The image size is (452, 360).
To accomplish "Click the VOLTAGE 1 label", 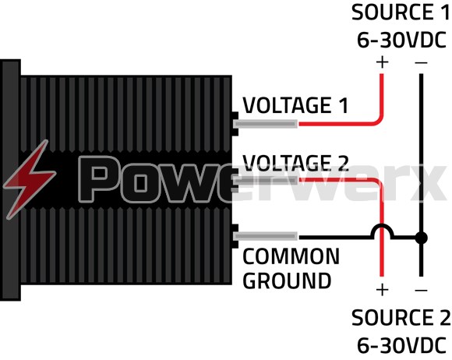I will tap(295, 105).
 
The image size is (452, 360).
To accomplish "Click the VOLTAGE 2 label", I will tap(295, 163).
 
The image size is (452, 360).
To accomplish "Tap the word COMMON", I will tap(291, 257).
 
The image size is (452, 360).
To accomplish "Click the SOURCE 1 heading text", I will tap(401, 13).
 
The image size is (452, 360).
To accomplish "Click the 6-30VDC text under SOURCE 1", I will tap(401, 39).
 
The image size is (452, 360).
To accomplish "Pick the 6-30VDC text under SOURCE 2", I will tap(401, 343).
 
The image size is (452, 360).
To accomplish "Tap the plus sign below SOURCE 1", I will tap(382, 62).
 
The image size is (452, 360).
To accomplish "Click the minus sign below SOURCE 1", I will tap(421, 62).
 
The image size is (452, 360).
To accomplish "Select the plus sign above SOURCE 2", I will tap(382, 290).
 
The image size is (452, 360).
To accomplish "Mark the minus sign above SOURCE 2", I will tap(421, 290).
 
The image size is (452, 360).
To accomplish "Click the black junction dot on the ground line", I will tap(421, 236).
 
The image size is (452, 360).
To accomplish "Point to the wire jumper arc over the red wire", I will tap(382, 228).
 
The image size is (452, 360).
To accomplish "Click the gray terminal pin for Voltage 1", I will tap(269, 124).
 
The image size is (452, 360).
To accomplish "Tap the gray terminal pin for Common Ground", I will tap(269, 236).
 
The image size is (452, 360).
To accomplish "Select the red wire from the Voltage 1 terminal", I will tap(335, 124).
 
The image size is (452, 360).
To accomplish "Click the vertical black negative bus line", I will tap(421, 156).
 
